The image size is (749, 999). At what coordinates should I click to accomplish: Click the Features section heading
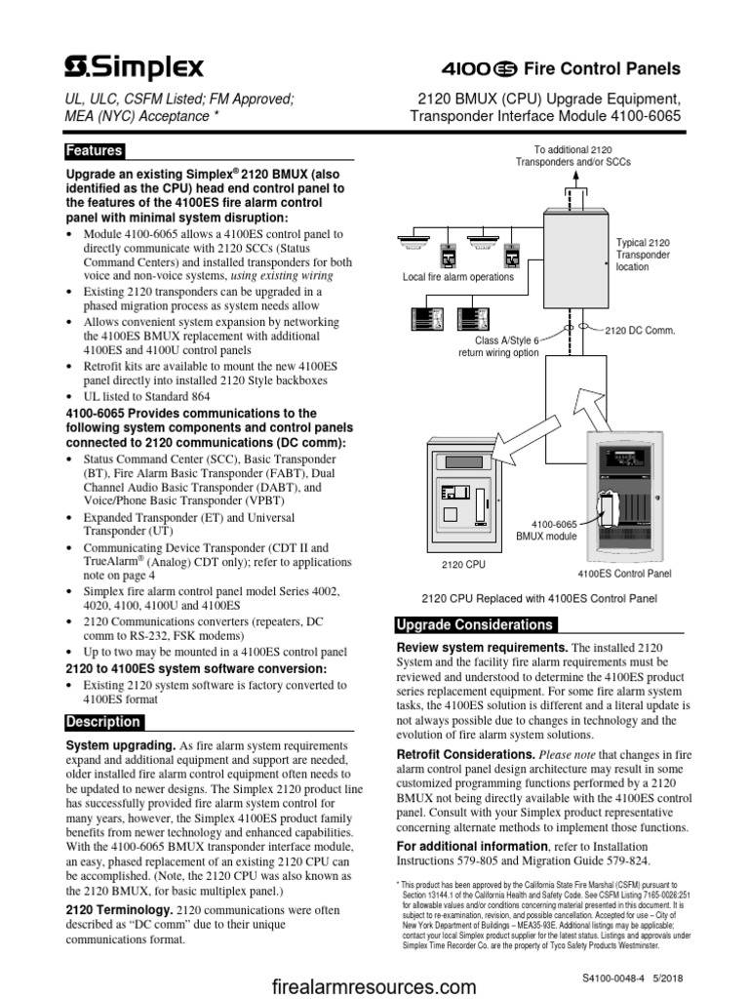(x=94, y=151)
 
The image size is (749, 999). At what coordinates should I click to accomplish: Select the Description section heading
(x=102, y=722)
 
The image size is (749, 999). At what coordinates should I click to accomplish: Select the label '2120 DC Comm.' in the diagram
(x=640, y=332)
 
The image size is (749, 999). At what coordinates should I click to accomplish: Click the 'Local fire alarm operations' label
(x=457, y=277)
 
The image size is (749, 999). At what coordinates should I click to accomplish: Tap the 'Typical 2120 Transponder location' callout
(x=645, y=254)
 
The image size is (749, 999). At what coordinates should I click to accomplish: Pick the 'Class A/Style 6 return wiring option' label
(x=497, y=346)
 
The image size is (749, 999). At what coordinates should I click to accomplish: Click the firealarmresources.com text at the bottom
(x=374, y=986)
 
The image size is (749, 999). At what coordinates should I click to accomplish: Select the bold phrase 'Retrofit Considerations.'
(x=465, y=755)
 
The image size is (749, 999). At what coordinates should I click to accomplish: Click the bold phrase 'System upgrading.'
(x=120, y=745)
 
